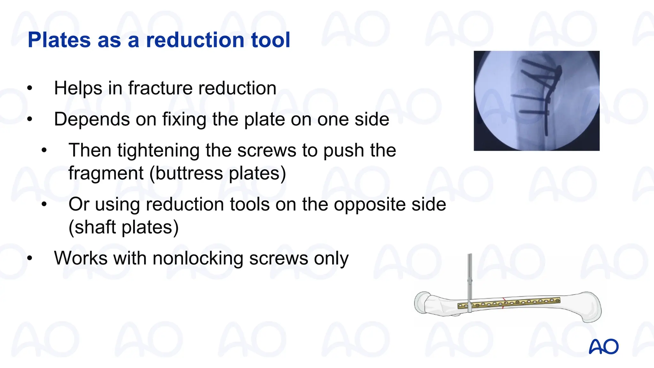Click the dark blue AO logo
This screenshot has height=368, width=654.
(604, 347)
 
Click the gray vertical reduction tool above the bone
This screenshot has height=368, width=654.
(470, 278)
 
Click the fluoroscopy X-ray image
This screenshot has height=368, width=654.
(536, 101)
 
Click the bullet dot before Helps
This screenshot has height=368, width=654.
(30, 88)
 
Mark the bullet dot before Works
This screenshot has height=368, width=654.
(30, 258)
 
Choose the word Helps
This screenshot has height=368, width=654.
(78, 88)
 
